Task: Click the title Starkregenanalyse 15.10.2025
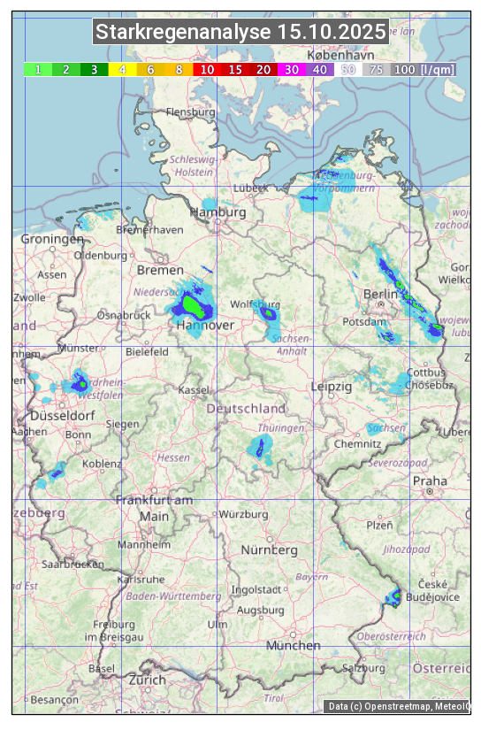pos(240,33)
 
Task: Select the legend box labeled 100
pos(404,69)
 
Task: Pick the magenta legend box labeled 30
pos(291,69)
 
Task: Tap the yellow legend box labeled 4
pos(123,69)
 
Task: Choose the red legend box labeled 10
pos(207,69)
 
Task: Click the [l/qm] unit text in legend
pos(438,69)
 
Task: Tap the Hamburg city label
pos(218,212)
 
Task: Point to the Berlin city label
pos(381,294)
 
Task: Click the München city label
pos(293,645)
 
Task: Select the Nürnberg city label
pos(270,549)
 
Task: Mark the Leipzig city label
pos(332,387)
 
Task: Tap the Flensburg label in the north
pos(190,113)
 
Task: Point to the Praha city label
pos(429,480)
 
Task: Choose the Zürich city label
pos(146,680)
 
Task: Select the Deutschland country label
pos(246,408)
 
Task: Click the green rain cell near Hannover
pos(192,304)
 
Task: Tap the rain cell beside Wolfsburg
pos(267,311)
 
